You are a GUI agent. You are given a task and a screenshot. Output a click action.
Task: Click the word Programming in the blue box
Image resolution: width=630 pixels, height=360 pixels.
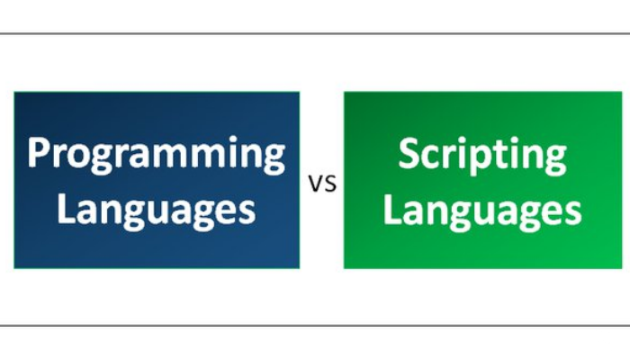click(157, 153)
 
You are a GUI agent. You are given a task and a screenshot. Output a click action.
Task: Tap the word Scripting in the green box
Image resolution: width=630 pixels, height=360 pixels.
click(482, 155)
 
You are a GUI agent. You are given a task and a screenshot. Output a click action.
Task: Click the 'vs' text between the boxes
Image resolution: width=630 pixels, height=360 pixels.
click(322, 184)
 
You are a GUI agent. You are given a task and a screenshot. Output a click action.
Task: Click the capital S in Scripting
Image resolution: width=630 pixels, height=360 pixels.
click(409, 154)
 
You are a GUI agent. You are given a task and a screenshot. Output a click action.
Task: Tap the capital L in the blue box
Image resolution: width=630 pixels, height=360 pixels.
click(66, 209)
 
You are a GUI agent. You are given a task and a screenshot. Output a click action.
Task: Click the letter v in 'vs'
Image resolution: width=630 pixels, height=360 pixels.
click(316, 184)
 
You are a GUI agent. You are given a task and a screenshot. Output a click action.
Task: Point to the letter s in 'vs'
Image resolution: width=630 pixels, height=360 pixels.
click(329, 184)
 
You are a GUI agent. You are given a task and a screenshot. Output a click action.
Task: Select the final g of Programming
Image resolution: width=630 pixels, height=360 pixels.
click(273, 160)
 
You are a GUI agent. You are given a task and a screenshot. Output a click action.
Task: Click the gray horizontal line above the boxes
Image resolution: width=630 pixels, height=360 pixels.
click(315, 34)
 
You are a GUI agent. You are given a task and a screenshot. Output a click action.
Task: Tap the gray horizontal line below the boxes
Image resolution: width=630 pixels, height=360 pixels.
click(315, 325)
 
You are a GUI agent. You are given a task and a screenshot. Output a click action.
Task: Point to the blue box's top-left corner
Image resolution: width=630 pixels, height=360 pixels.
click(14, 92)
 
